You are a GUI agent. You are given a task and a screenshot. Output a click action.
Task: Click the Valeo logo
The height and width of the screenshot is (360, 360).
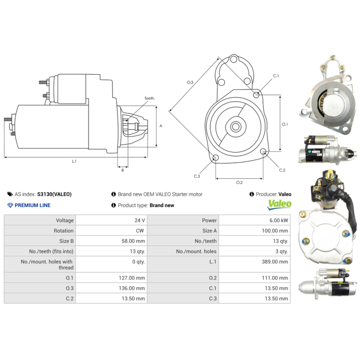(x=279, y=205)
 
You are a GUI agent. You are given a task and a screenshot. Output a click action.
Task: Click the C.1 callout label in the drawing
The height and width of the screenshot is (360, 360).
(x=276, y=76)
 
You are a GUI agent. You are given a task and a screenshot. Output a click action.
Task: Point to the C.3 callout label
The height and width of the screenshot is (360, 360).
(x=197, y=176)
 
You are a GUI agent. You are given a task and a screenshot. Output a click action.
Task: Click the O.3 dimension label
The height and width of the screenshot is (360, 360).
(x=190, y=82)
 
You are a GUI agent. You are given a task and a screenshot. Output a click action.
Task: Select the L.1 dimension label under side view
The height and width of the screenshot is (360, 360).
(x=74, y=161)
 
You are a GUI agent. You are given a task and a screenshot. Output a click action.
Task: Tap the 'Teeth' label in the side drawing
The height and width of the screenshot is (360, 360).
(x=149, y=98)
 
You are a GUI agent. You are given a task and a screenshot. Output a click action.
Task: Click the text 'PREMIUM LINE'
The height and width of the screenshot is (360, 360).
(x=32, y=205)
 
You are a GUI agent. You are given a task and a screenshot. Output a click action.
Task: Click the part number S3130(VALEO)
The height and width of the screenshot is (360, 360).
(x=54, y=194)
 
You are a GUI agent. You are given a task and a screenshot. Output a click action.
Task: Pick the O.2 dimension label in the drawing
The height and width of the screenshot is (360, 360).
(x=239, y=182)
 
